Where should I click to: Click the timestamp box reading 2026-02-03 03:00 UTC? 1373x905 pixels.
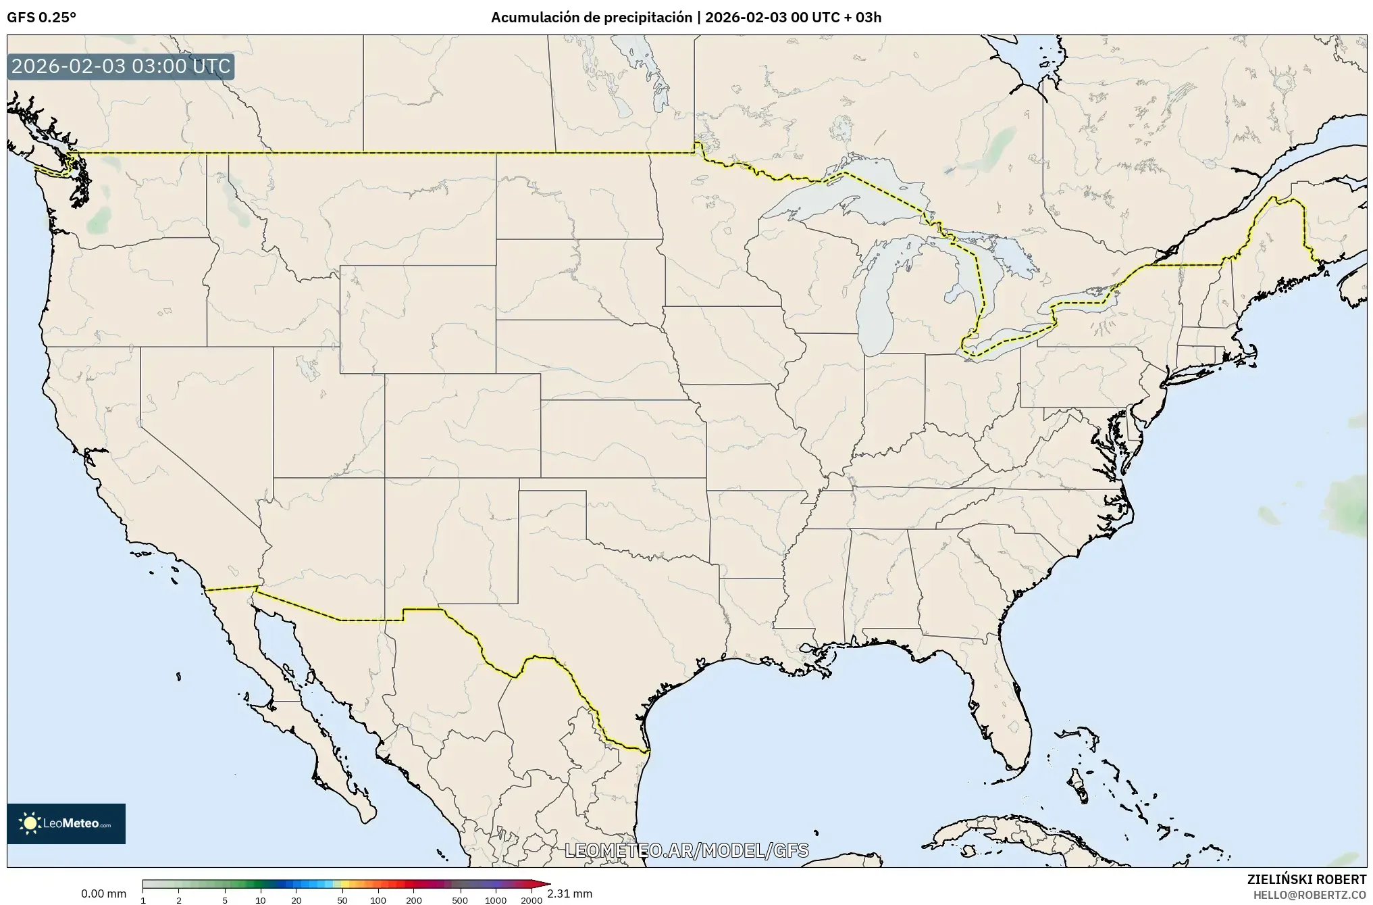click(121, 67)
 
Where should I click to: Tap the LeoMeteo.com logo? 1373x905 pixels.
click(66, 823)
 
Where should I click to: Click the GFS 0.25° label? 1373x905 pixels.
click(41, 18)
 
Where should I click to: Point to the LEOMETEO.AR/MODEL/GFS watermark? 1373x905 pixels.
click(686, 850)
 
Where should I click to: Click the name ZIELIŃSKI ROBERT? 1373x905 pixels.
click(1306, 879)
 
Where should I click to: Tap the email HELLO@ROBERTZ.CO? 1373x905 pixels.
click(1310, 894)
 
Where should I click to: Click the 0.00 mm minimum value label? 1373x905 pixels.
click(103, 894)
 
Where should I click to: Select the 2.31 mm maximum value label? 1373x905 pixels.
click(569, 894)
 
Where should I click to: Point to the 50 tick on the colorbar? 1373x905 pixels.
click(342, 900)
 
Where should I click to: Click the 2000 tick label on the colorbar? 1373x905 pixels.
click(532, 900)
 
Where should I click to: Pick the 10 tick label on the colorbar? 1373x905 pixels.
click(261, 900)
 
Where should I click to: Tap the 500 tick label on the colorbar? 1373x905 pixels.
click(460, 900)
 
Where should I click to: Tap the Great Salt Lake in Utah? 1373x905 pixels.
click(308, 368)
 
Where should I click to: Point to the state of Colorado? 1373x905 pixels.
click(462, 426)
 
